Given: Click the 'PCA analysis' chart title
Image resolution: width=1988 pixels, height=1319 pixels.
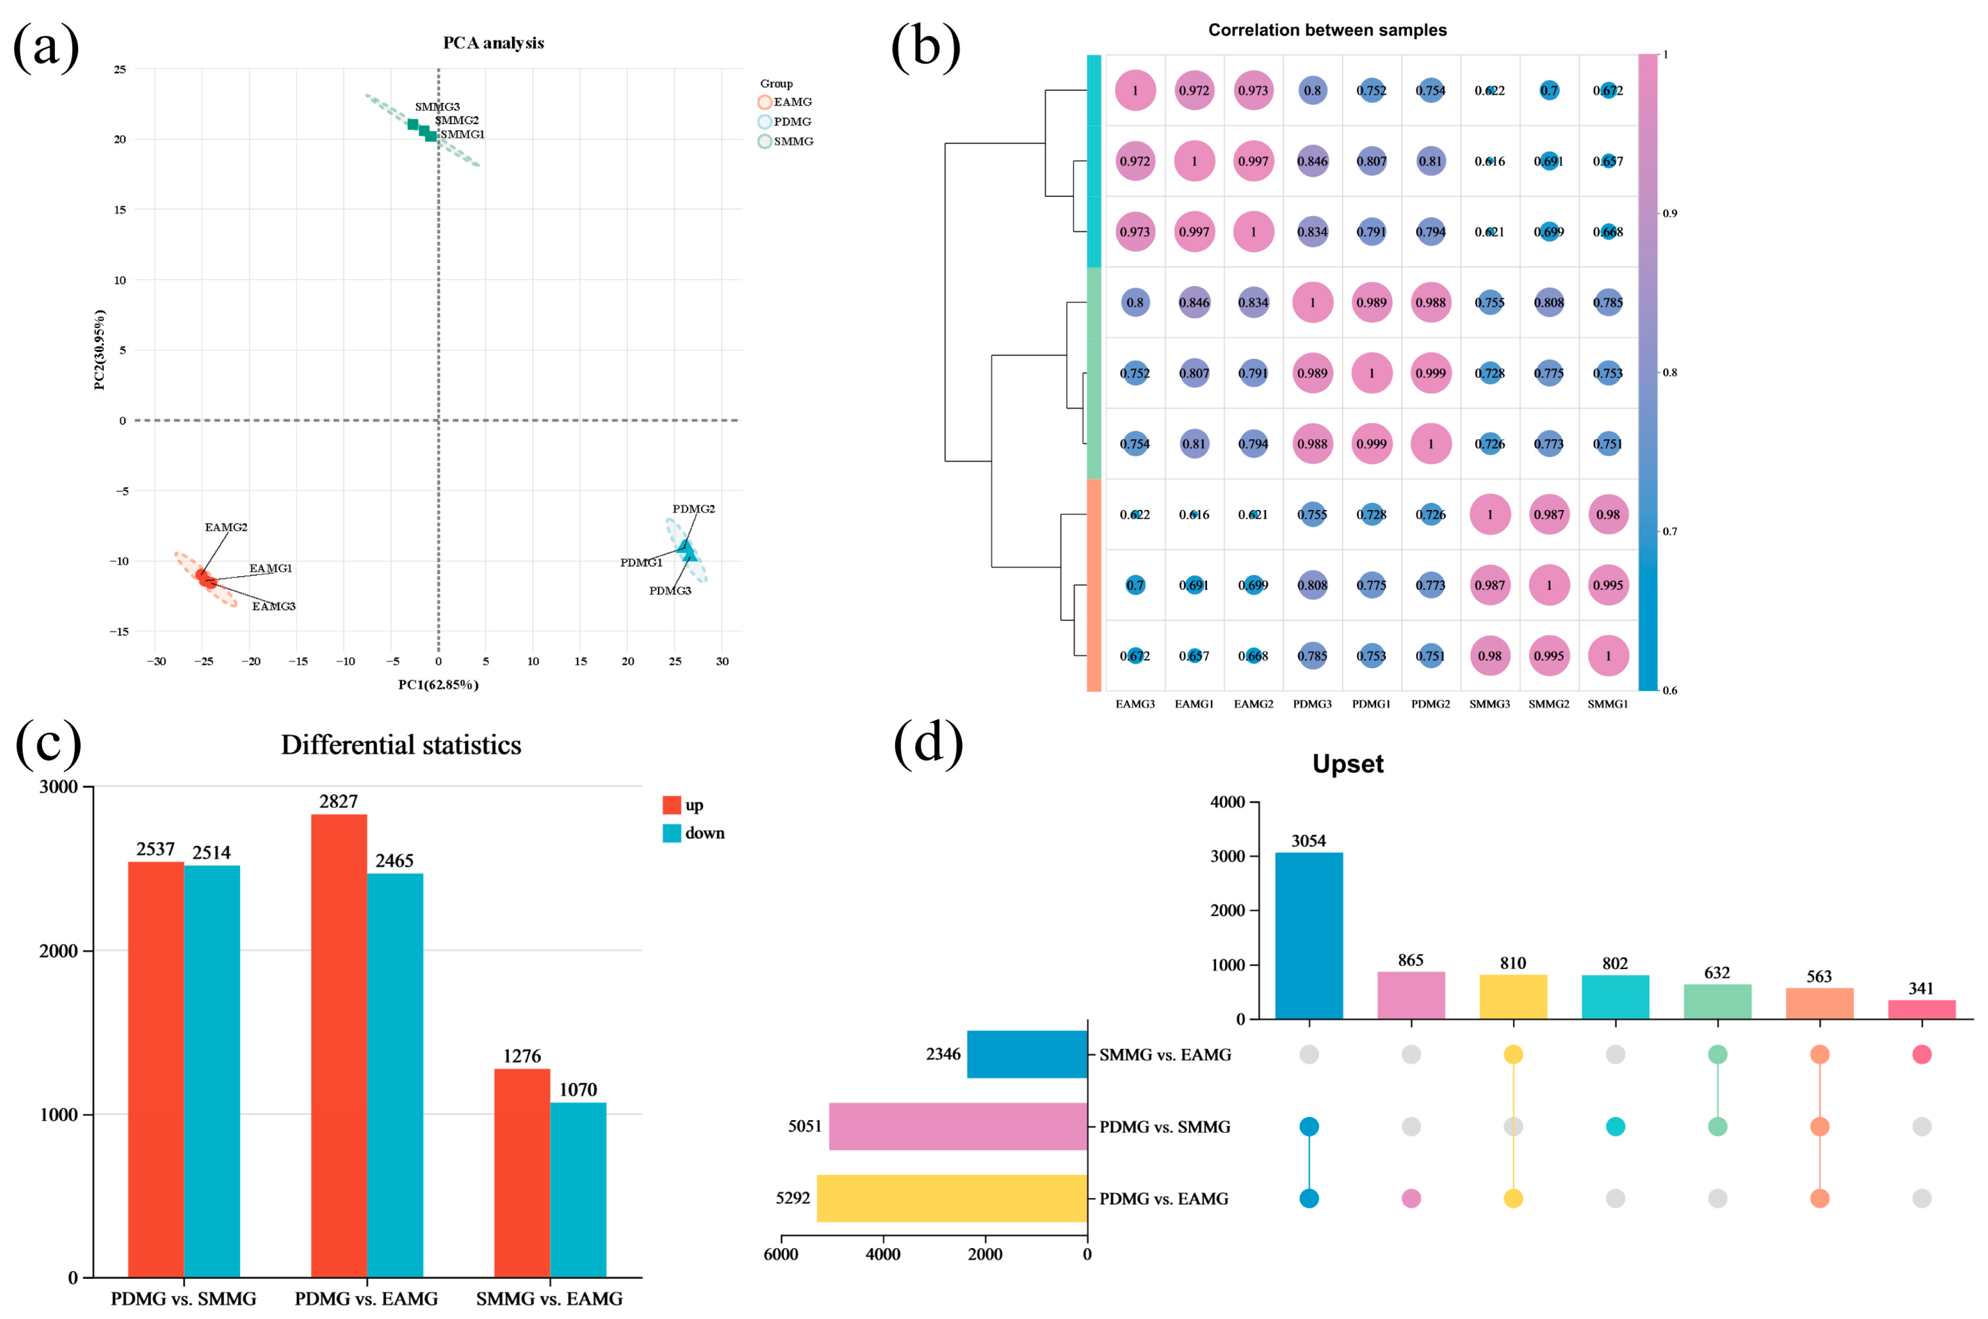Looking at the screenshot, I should (x=493, y=43).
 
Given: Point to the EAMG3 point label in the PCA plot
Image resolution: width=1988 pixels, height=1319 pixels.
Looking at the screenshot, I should (x=274, y=606).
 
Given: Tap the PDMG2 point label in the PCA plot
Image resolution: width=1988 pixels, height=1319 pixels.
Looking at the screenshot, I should (x=693, y=509).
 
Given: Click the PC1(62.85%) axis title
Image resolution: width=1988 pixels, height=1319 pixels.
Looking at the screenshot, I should (x=438, y=685).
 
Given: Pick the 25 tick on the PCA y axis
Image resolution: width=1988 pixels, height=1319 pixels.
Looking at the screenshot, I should (x=120, y=69).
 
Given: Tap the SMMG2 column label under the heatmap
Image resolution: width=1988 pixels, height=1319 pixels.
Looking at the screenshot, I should (x=1548, y=704).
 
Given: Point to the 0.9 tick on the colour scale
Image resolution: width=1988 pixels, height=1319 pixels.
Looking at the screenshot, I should (x=1669, y=213).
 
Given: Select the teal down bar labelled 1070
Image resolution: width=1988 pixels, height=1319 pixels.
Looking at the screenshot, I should (x=578, y=1190).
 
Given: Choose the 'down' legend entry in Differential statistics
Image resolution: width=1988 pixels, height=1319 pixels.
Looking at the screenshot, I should (x=694, y=833).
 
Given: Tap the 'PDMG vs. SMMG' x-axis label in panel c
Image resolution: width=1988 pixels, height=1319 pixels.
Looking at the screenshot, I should (x=183, y=1299).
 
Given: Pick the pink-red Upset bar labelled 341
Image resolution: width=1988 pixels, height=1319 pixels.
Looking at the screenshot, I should (x=1921, y=1010).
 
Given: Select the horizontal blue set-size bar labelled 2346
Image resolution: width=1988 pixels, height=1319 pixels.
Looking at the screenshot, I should (x=1027, y=1054).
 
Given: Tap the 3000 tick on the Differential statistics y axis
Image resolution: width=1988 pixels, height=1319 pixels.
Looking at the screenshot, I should (x=59, y=786).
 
